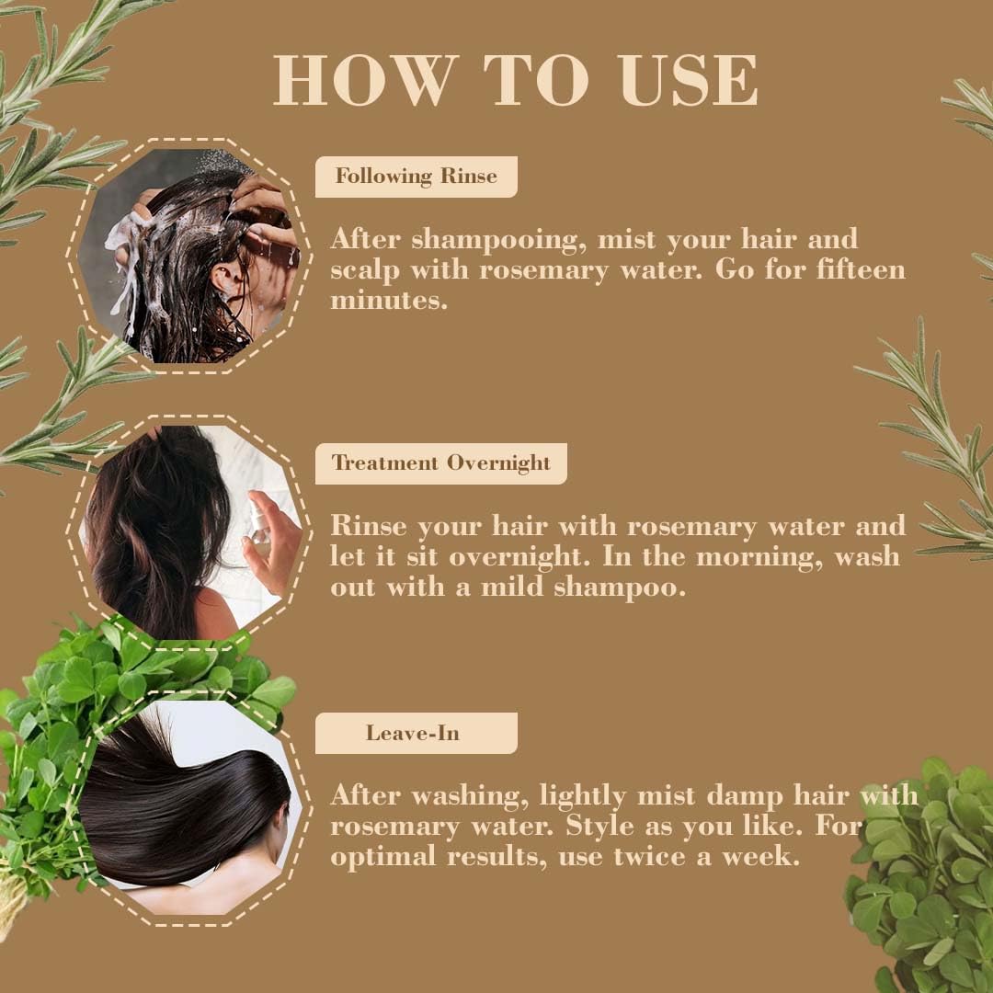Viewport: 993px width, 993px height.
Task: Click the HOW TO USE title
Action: click(516, 81)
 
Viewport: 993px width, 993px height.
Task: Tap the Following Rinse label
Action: click(416, 177)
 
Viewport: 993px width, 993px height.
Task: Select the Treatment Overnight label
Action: click(440, 463)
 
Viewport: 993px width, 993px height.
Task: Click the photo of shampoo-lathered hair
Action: click(188, 256)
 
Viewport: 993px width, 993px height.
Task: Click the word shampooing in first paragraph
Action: click(499, 239)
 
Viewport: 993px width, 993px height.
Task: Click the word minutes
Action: click(389, 300)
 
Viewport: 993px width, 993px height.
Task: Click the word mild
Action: click(511, 588)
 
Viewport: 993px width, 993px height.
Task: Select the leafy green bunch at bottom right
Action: click(924, 883)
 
